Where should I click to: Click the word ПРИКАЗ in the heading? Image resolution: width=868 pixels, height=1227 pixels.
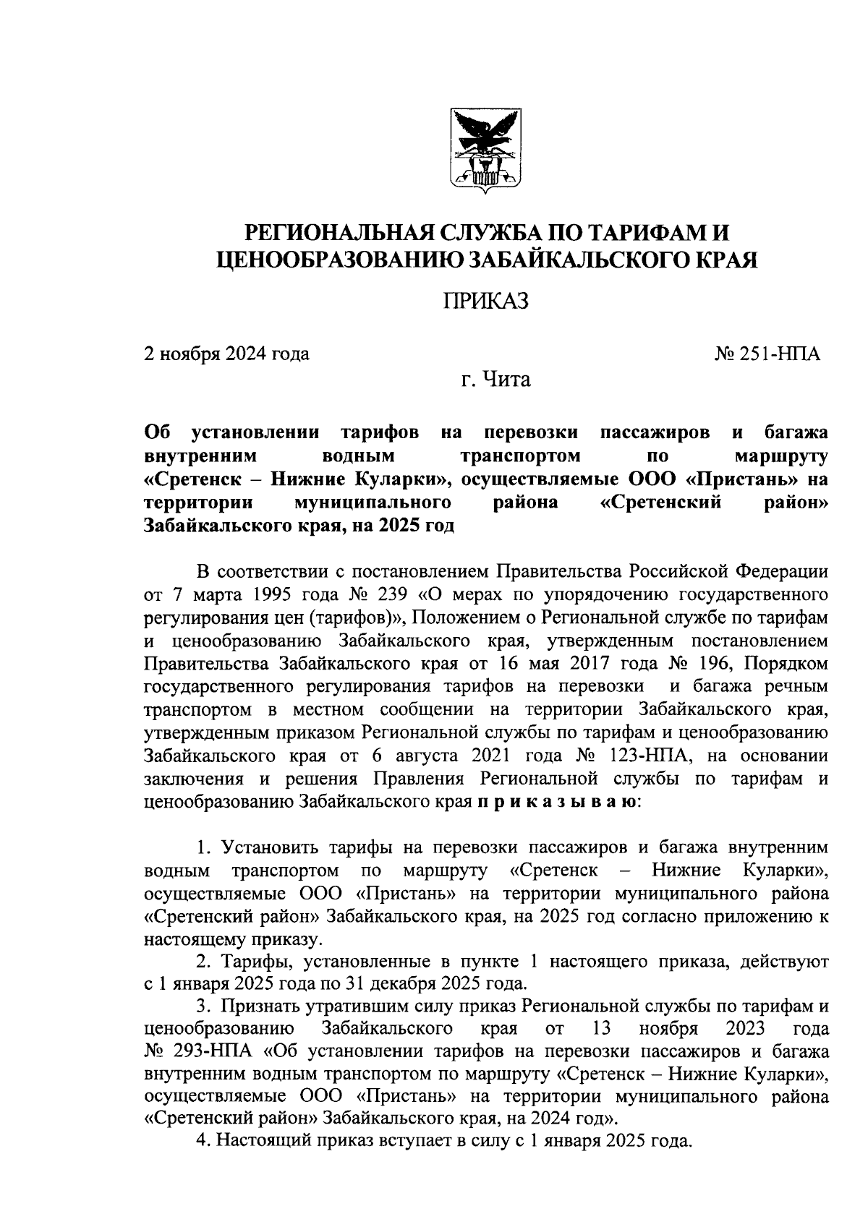(485, 300)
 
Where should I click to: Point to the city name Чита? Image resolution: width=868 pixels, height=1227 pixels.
(506, 379)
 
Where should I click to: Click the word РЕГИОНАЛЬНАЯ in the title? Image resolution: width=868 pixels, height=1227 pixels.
(335, 234)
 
